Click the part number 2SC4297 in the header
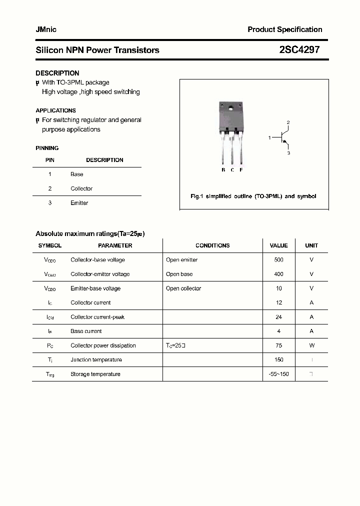[x=299, y=50]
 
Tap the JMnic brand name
[x=46, y=29]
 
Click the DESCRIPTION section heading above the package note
[x=57, y=73]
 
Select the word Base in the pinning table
[x=77, y=174]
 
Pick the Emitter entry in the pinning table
[x=79, y=203]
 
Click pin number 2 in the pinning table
[x=50, y=188]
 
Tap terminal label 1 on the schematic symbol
[x=269, y=137]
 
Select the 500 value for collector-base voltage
[x=278, y=260]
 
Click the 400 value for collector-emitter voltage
[x=278, y=274]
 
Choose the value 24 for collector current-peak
[x=278, y=317]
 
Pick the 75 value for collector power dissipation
[x=278, y=345]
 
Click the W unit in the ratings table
[x=311, y=345]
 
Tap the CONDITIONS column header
[x=212, y=245]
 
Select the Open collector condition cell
[x=183, y=288]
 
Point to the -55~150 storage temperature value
[x=278, y=374]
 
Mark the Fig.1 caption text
[x=253, y=196]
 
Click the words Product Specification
[x=285, y=29]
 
